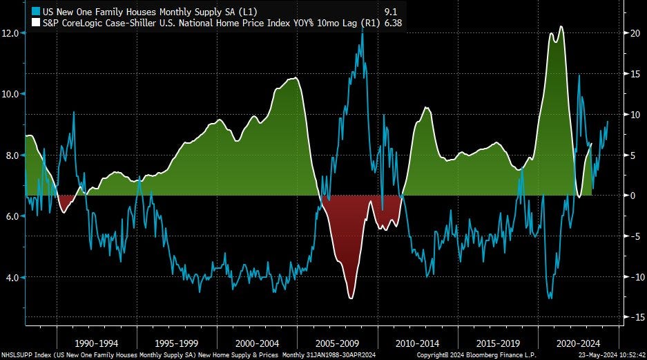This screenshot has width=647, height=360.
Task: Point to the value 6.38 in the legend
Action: pos(392,23)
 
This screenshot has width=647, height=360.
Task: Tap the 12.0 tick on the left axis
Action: pos(10,32)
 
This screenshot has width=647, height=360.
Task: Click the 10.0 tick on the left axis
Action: pos(10,94)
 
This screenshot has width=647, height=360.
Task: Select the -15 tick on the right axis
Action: pos(631,317)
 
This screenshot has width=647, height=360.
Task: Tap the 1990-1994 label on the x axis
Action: pos(96,343)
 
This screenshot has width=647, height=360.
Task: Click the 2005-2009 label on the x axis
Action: pos(338,343)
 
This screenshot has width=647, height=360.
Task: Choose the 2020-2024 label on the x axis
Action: pos(579,343)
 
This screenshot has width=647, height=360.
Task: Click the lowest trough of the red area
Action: pos(351,298)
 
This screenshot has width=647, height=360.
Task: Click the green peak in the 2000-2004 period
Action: pos(296,78)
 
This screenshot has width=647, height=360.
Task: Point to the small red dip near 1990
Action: pos(64,211)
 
